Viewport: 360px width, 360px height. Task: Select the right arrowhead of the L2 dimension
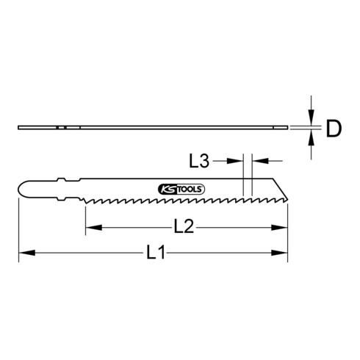pos(282,228)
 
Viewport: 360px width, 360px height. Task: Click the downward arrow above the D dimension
pos(312,118)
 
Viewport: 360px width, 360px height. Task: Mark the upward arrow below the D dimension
pos(312,140)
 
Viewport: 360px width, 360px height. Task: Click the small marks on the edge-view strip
pos(60,128)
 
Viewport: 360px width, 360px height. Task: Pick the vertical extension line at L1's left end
pos(18,228)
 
